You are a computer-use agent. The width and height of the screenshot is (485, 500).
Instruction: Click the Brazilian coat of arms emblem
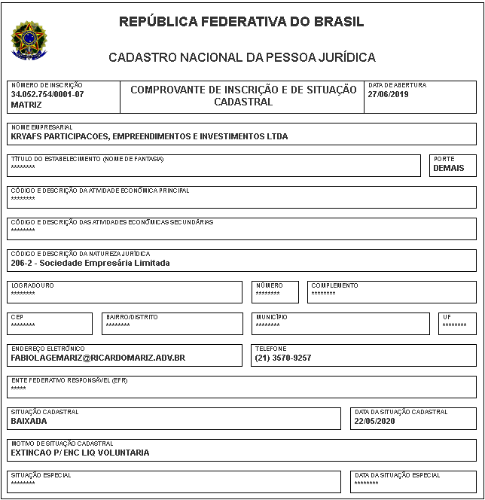[29, 40]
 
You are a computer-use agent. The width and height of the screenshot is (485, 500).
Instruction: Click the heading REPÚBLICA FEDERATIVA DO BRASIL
[242, 22]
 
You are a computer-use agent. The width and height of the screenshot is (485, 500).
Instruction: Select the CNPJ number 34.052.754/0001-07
[47, 95]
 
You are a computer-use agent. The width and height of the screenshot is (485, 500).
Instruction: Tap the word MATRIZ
[27, 104]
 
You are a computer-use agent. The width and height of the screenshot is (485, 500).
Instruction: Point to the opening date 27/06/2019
[387, 95]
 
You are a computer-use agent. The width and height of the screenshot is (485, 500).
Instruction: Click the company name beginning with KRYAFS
[149, 137]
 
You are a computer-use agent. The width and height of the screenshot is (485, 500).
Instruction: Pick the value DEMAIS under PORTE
[449, 169]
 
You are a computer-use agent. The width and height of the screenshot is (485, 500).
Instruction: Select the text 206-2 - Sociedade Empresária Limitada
[90, 264]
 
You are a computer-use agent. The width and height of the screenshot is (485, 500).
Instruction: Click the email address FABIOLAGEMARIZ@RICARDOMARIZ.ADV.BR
[98, 358]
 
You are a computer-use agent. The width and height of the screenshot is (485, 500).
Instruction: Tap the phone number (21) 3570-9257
[283, 358]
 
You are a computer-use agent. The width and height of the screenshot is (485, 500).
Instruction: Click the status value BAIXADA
[29, 422]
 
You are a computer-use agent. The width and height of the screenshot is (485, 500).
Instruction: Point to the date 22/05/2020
[374, 422]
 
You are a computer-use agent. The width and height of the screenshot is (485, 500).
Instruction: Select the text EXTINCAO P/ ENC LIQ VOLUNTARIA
[81, 453]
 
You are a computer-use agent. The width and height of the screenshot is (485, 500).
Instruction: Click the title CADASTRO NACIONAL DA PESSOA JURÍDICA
[242, 57]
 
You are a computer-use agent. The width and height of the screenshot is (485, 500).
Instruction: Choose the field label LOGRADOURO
[32, 286]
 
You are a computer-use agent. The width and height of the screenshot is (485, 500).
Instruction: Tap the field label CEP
[18, 318]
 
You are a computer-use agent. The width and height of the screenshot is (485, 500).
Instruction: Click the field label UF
[447, 318]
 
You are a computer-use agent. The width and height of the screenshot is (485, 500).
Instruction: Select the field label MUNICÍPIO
[271, 318]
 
